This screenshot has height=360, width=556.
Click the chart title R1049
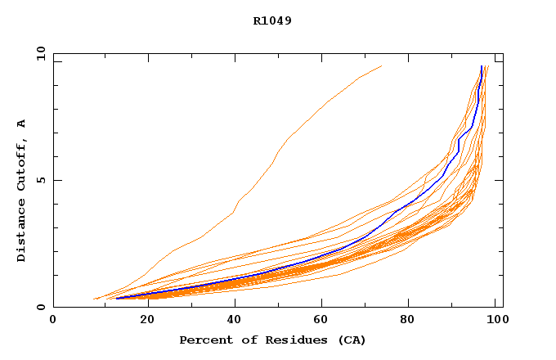click(272, 20)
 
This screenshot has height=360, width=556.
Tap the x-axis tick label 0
click(53, 321)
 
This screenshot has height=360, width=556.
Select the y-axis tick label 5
click(41, 180)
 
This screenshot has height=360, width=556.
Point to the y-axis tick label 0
click(41, 307)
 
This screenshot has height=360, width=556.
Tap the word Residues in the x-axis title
click(277, 340)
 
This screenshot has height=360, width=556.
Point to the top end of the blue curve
click(481, 66)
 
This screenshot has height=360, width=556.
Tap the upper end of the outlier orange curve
click(381, 66)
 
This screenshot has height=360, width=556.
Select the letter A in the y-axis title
click(22, 123)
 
